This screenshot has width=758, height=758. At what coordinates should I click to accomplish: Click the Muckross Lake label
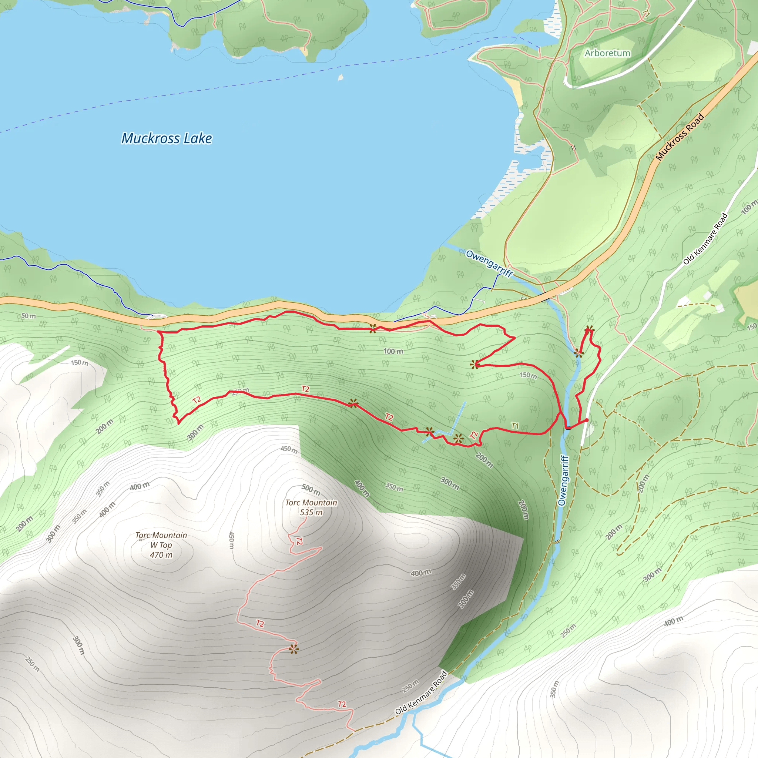pyautogui.click(x=167, y=138)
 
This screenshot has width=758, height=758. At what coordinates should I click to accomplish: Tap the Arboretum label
pyautogui.click(x=607, y=53)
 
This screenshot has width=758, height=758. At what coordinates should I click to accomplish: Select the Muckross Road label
pyautogui.click(x=680, y=137)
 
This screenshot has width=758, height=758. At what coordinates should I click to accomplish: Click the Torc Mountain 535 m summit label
pyautogui.click(x=311, y=507)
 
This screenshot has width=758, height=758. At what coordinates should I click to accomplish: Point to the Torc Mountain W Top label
pyautogui.click(x=161, y=545)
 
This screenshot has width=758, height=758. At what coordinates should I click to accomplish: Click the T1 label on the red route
pyautogui.click(x=515, y=426)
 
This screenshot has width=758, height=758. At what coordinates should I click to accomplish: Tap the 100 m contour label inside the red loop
pyautogui.click(x=393, y=351)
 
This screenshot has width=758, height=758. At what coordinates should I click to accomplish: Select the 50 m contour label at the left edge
pyautogui.click(x=28, y=316)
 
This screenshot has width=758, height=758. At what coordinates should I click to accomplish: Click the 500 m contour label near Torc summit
pyautogui.click(x=311, y=489)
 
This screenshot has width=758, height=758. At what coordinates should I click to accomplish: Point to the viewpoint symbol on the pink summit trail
pyautogui.click(x=294, y=649)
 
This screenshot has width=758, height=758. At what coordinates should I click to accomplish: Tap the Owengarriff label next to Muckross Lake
pyautogui.click(x=489, y=264)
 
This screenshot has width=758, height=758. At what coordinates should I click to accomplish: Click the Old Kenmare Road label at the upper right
pyautogui.click(x=705, y=239)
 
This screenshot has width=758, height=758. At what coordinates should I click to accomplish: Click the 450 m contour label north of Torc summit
pyautogui.click(x=289, y=449)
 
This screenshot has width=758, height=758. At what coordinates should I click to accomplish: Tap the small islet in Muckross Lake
pyautogui.click(x=341, y=77)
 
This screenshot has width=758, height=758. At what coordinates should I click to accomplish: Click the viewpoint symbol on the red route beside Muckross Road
pyautogui.click(x=373, y=328)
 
